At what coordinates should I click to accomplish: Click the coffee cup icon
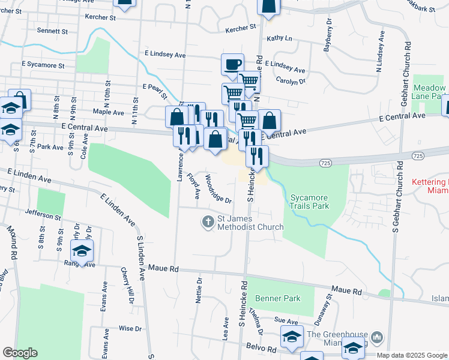tap(232, 64)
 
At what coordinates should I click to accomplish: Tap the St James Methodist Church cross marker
tap(208, 223)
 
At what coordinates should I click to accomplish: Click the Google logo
tap(19, 353)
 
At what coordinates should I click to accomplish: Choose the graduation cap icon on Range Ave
tap(82, 250)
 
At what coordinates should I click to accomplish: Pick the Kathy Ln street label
tap(279, 38)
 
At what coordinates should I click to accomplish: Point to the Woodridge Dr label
tap(218, 188)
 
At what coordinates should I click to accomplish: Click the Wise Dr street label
tap(130, 329)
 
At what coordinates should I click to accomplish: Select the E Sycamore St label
tap(43, 64)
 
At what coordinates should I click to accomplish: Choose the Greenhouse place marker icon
tap(376, 335)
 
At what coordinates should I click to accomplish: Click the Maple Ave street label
tap(108, 112)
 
